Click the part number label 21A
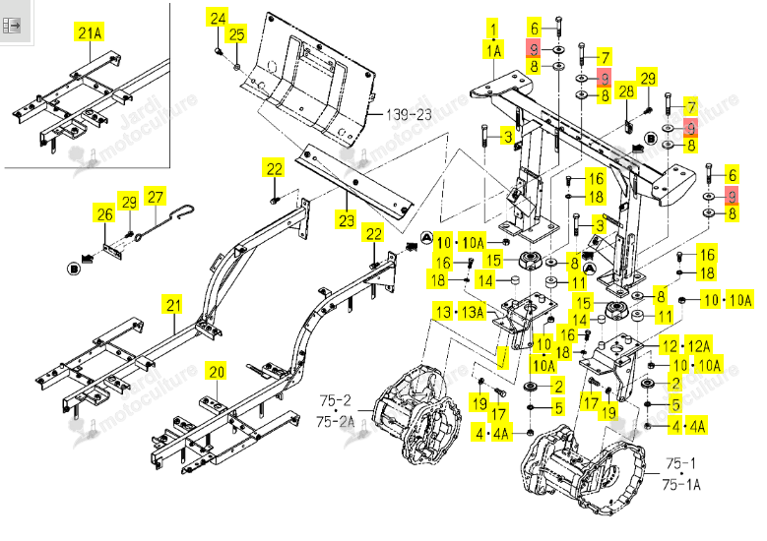[x=90, y=32]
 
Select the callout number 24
[x=219, y=19]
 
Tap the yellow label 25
[x=236, y=34]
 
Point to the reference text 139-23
[x=409, y=115]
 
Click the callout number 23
[x=347, y=220]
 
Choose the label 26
[x=104, y=214]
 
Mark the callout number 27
[x=155, y=197]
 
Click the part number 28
[x=626, y=91]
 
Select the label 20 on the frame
[x=217, y=372]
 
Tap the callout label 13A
[x=472, y=312]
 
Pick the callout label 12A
[x=698, y=346]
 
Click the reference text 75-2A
[x=335, y=421]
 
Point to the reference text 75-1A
[x=681, y=484]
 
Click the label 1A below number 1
[x=493, y=50]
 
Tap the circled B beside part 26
[x=74, y=269]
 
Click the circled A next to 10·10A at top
[x=427, y=238]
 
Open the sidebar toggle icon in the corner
[x=10, y=25]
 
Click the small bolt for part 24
[x=219, y=51]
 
